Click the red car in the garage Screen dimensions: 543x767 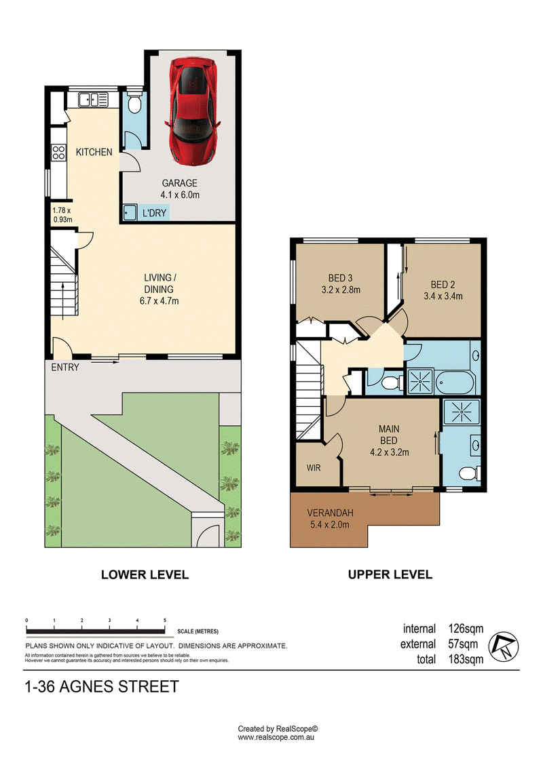click(x=192, y=111)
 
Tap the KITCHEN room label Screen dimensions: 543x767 click(x=94, y=152)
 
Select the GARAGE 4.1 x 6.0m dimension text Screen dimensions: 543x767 click(x=180, y=195)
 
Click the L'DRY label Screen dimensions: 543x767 click(x=154, y=213)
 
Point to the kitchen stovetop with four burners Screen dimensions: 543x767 click(x=59, y=153)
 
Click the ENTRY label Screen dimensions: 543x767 click(x=65, y=368)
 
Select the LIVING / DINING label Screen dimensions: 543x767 click(x=159, y=283)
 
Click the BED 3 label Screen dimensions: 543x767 click(x=340, y=278)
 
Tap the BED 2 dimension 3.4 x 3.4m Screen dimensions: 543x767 click(x=443, y=296)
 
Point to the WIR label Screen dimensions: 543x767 click(x=314, y=468)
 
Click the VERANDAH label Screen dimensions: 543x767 click(x=330, y=513)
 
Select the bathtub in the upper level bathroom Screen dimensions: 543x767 click(x=455, y=381)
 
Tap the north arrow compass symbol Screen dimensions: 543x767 click(x=504, y=647)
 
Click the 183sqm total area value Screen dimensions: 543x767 click(x=466, y=659)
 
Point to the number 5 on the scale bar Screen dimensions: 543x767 click(x=165, y=621)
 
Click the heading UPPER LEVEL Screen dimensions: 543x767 click(x=390, y=575)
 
